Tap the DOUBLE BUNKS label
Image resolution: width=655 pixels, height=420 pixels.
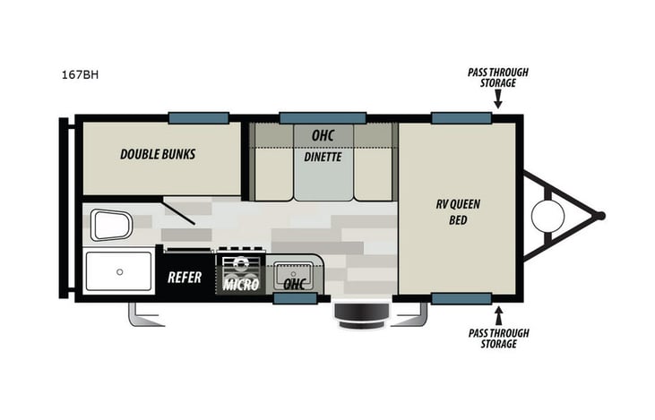click(158, 154)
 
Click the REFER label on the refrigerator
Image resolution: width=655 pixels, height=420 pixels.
click(185, 278)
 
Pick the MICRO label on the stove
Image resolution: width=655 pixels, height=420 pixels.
click(241, 285)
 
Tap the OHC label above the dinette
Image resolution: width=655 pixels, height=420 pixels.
click(323, 135)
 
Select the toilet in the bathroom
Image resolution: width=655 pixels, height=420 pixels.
click(110, 225)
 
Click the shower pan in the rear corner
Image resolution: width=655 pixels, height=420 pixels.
click(118, 271)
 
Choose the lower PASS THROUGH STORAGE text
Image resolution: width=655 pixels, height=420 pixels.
click(499, 339)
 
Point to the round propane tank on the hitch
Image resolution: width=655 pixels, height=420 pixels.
click(547, 215)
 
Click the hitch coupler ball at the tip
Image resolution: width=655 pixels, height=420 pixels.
click(600, 215)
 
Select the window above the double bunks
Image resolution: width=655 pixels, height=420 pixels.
click(198, 117)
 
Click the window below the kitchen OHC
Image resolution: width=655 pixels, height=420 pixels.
click(295, 299)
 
